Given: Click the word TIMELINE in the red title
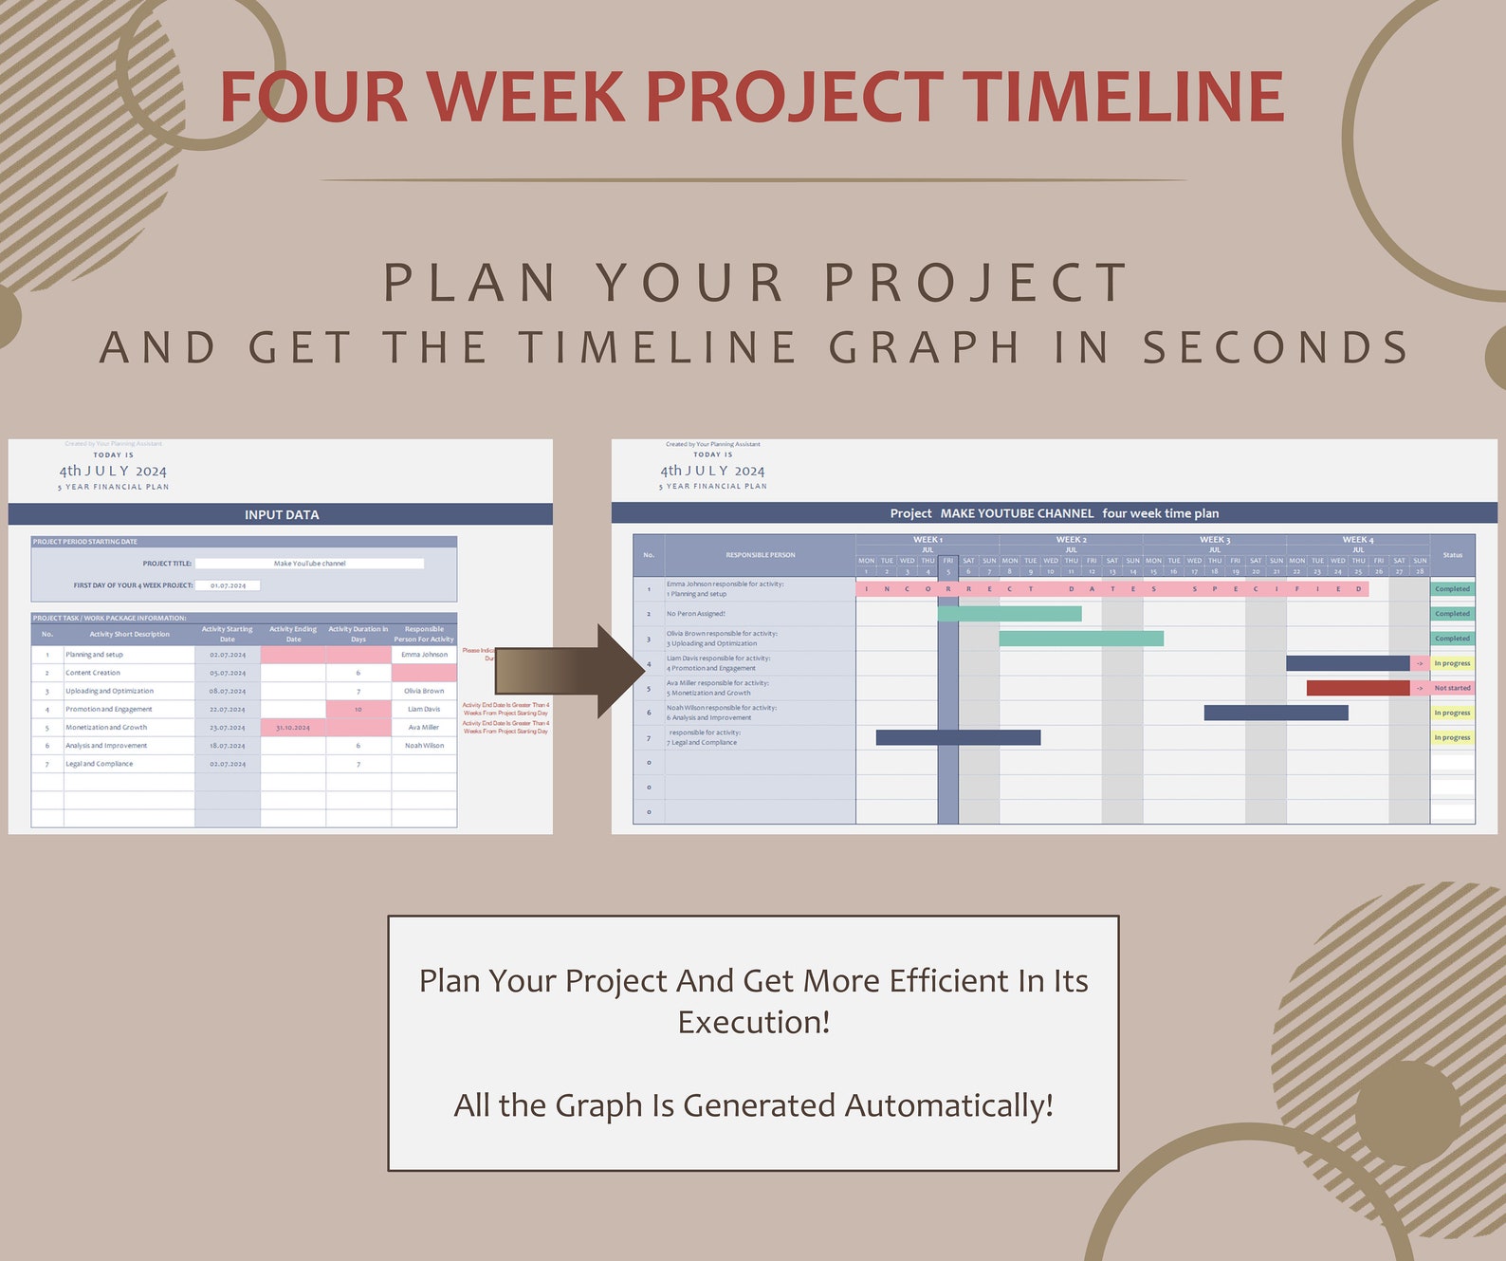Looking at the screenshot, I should (x=1123, y=97).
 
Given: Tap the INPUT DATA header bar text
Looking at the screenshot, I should (x=282, y=514).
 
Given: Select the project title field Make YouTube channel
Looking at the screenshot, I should (x=309, y=564).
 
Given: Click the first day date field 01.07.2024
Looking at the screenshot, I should (x=228, y=585).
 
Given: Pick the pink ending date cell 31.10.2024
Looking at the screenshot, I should (x=293, y=728).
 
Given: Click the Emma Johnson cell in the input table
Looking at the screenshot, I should (x=424, y=655).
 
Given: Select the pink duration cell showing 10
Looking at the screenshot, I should (x=358, y=710).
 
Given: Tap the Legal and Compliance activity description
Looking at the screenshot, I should (x=100, y=764).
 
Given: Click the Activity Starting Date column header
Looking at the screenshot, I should (x=228, y=634).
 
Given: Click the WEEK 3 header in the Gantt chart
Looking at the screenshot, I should (x=1215, y=540).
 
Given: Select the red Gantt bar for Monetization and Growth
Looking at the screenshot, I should (x=1357, y=688).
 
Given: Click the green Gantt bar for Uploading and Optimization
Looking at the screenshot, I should (x=1081, y=639).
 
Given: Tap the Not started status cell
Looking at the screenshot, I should (x=1452, y=688).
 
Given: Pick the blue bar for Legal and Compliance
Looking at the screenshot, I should (x=958, y=737).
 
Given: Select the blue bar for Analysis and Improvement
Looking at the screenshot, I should (x=1276, y=713).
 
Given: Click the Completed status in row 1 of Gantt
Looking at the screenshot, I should (x=1452, y=589).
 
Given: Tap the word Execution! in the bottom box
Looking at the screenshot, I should (x=754, y=1023).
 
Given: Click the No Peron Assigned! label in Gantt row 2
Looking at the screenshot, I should (x=696, y=614).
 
